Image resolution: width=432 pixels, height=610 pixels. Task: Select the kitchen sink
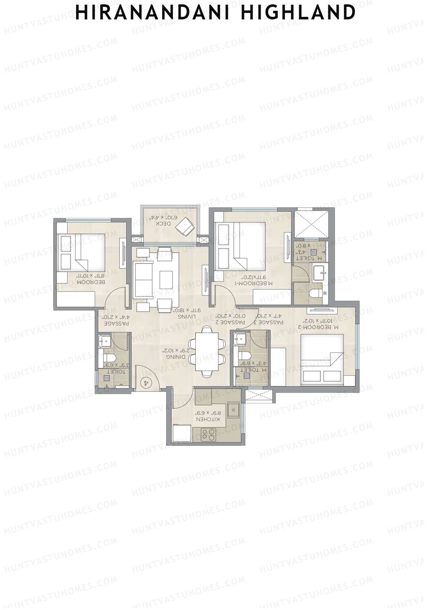pyautogui.click(x=234, y=410)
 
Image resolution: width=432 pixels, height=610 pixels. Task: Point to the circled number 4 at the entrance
pyautogui.click(x=146, y=382)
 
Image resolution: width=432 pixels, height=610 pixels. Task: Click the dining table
pyautogui.click(x=207, y=352)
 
